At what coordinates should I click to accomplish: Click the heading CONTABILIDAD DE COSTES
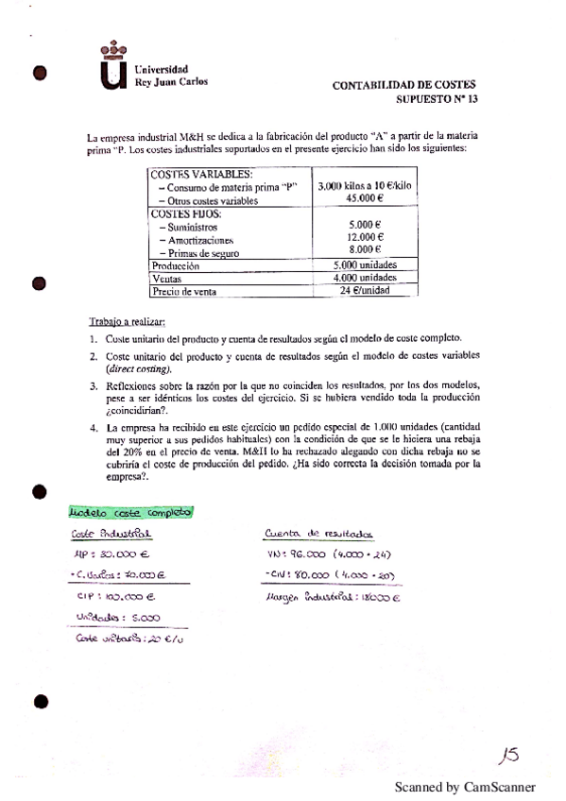(x=405, y=85)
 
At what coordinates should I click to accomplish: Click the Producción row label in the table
(x=176, y=266)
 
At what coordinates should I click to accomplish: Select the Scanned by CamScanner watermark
(x=464, y=786)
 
